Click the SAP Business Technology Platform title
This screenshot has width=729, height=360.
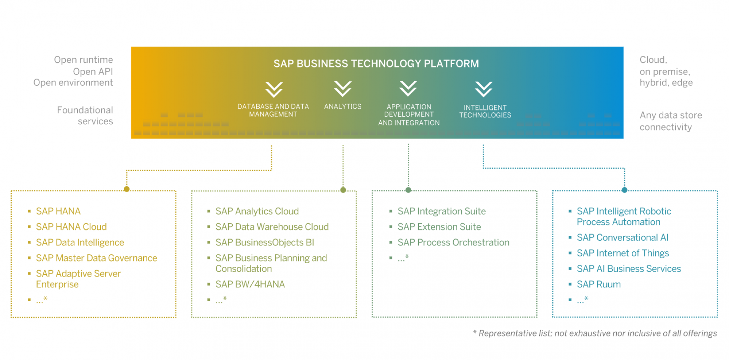coord(376,63)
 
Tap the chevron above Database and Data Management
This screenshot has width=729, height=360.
coord(274,90)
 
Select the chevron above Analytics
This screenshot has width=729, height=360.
coord(342,89)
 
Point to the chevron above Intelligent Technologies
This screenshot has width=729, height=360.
coord(483,89)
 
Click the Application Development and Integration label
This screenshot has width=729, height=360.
coord(409,115)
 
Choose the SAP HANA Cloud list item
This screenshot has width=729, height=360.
coord(71,227)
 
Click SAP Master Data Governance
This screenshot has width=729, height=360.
coord(96,258)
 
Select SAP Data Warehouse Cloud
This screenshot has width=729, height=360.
coord(272,227)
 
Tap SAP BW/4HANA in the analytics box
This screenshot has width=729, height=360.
coord(250,284)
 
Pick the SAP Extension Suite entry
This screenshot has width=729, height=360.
coord(439,227)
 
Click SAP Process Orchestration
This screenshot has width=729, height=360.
coord(453,242)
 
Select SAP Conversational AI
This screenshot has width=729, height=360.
coord(622,237)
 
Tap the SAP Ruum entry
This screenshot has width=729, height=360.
coord(598,284)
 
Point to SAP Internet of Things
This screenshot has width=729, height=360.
coord(623,253)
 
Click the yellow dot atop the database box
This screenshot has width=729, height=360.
coord(127,189)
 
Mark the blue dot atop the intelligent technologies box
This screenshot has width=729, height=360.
coord(625,190)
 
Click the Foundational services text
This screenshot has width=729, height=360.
coord(85,115)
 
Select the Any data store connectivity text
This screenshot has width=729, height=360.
coord(671,121)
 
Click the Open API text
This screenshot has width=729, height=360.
coord(93,71)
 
